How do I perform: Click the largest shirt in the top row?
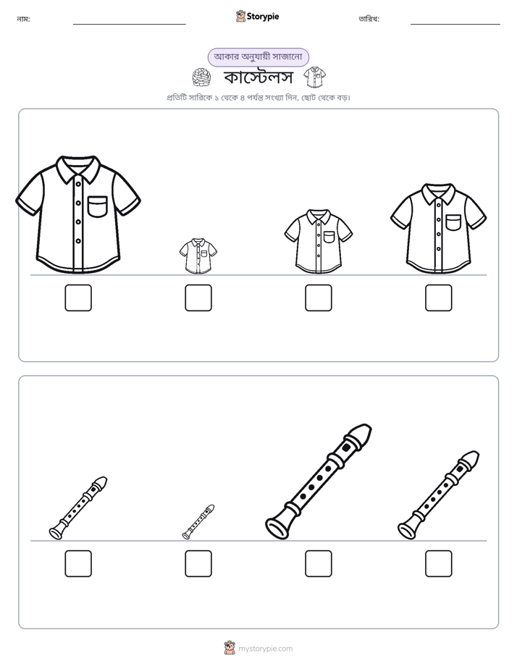click(78, 214)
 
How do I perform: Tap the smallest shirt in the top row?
click(198, 256)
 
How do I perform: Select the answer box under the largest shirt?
click(78, 298)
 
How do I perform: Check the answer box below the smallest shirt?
click(198, 298)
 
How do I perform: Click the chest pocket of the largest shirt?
click(98, 206)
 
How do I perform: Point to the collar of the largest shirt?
click(78, 169)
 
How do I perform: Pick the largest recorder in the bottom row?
click(319, 481)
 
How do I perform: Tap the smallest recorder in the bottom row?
click(198, 522)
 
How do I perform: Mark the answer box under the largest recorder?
click(319, 563)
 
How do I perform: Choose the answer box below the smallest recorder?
click(198, 563)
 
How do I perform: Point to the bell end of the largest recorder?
click(278, 526)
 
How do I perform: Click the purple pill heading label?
click(258, 57)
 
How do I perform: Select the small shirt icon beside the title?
click(315, 77)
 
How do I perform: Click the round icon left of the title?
click(202, 77)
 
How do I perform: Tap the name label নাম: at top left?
click(23, 19)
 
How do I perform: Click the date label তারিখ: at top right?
click(369, 19)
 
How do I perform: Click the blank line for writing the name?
click(129, 25)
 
